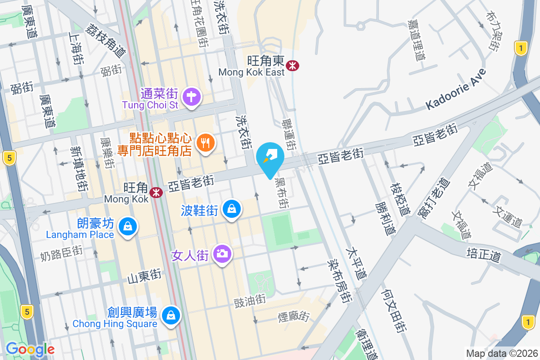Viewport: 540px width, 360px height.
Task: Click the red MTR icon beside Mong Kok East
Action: click(x=293, y=66)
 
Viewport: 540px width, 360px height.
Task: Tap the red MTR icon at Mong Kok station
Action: click(x=156, y=193)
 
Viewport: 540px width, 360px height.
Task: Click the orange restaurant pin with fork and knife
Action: click(x=206, y=144)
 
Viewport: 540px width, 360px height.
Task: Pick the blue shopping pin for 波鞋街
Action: click(x=231, y=209)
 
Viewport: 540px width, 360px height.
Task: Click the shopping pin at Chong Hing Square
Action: click(x=171, y=315)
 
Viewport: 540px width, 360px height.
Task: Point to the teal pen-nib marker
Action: click(x=270, y=157)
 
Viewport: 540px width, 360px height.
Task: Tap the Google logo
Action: click(x=30, y=349)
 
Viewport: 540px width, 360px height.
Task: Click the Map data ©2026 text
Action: click(x=501, y=353)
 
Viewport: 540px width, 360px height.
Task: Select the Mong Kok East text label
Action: click(x=252, y=72)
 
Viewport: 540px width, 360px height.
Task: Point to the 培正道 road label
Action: click(x=484, y=255)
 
